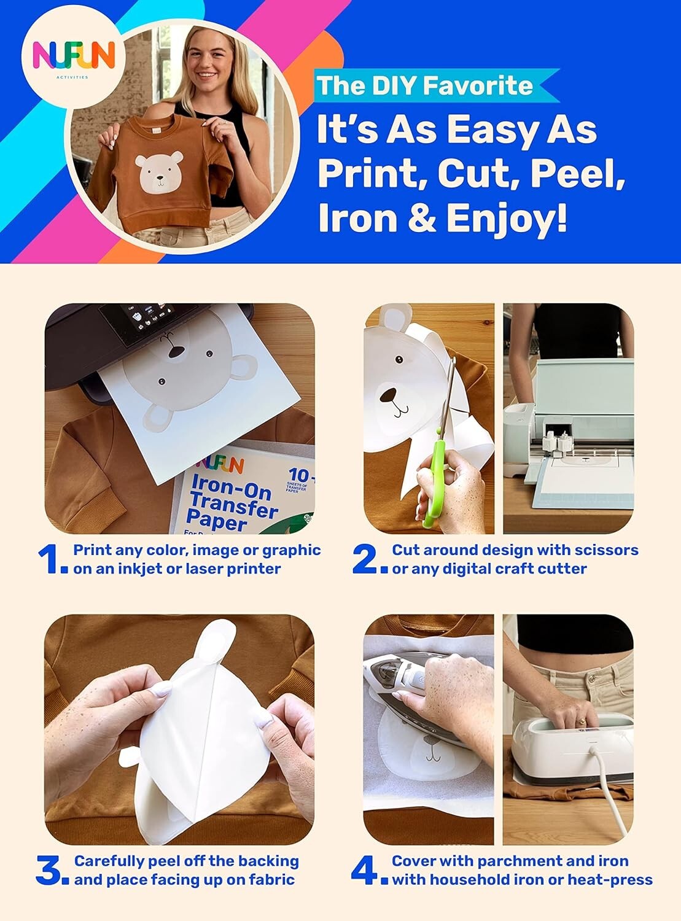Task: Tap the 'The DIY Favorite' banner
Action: coord(424,85)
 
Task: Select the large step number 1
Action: coord(50,559)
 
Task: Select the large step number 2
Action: coord(367,559)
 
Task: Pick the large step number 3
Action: coord(51,871)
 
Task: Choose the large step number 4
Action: coord(367,871)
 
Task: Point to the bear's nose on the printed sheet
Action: coord(176,352)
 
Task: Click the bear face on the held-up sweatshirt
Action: coord(159,171)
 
